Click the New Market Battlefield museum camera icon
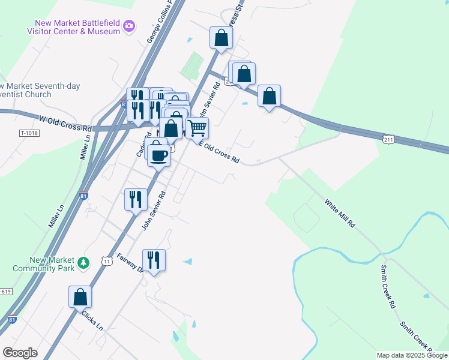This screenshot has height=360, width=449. coord(129,26)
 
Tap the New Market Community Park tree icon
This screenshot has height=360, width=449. coord(84,262)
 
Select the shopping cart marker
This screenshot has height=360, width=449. coord(197,128)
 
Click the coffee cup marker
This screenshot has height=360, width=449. coord(159,155)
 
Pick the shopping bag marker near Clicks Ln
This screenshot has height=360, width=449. coord(80,296)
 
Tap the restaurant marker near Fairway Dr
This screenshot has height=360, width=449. coord(154,260)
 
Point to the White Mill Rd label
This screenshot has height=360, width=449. coord(340,213)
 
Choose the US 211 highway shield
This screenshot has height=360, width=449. coord(388,139)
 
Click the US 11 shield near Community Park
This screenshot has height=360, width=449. coord(107,261)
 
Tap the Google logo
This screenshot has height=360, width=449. coord(20,353)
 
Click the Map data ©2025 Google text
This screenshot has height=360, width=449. coord(411,355)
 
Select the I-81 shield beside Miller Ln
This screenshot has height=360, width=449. coord(83,196)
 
